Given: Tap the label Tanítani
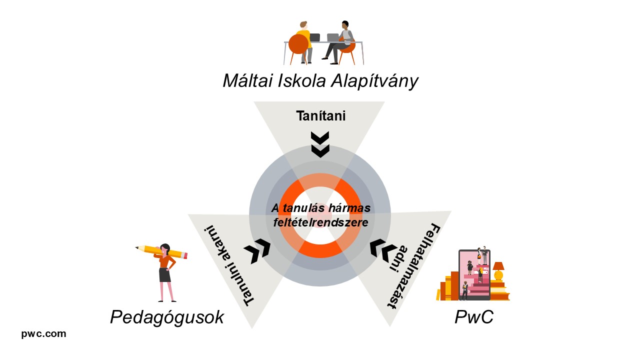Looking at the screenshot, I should click(320, 116).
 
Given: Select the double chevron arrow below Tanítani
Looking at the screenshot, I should click(320, 144).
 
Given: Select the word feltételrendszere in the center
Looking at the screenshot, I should click(320, 222).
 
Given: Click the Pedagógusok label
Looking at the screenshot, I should click(167, 317).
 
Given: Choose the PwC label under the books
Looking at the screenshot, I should click(473, 317).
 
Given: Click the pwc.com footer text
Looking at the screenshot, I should click(43, 334).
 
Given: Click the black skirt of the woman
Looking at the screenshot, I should click(164, 274).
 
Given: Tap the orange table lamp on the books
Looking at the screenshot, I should click(498, 270).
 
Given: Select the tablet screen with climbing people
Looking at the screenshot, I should click(474, 274).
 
